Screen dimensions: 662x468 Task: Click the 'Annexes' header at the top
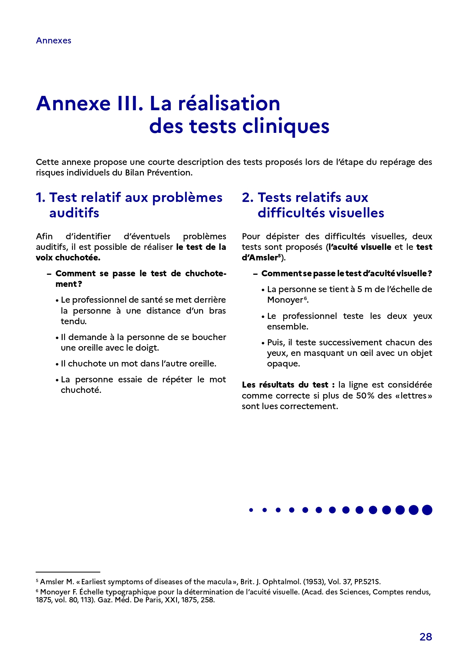pos(54,41)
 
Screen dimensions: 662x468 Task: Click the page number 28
pos(425,637)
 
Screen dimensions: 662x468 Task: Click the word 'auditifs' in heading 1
pos(74,213)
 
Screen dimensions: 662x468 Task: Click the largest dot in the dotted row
pos(427,510)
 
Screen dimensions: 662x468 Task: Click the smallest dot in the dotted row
pos(251,510)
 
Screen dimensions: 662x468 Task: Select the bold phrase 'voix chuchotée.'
pos(68,258)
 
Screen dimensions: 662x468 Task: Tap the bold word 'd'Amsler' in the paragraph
pos(260,258)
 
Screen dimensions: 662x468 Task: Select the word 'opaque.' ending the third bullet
pos(283,364)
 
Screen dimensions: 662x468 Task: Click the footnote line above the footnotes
pos(68,572)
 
